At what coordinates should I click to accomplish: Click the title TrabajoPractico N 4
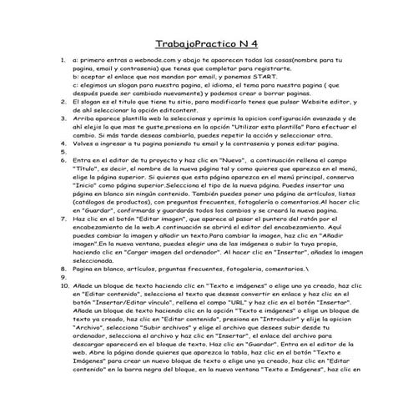click(x=206, y=43)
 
